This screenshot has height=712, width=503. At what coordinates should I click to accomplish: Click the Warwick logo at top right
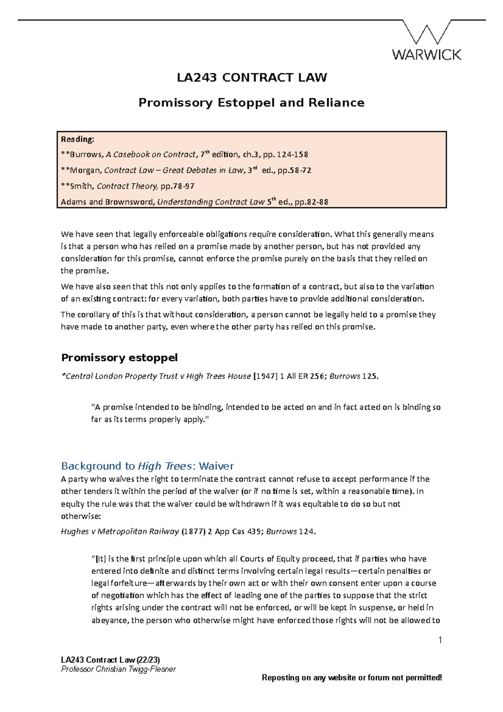pyautogui.click(x=427, y=41)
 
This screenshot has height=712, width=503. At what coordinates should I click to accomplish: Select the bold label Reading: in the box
pyautogui.click(x=78, y=139)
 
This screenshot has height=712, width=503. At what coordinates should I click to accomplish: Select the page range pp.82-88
pyautogui.click(x=311, y=202)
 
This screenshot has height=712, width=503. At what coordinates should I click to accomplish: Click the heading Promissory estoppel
pyautogui.click(x=119, y=358)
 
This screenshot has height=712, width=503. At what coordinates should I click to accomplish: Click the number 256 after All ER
pyautogui.click(x=316, y=377)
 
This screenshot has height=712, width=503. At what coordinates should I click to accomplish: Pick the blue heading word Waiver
pyautogui.click(x=216, y=466)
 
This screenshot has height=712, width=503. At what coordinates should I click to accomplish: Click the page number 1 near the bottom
pyautogui.click(x=440, y=640)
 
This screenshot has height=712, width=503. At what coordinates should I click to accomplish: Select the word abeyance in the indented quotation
pyautogui.click(x=110, y=621)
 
